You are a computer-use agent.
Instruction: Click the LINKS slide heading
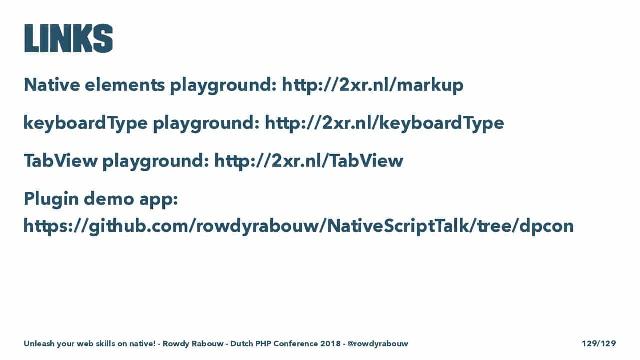pos(68,38)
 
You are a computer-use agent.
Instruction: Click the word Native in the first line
pos(52,85)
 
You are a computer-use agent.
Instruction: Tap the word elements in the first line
pos(125,85)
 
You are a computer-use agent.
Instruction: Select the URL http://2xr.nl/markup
pos(373,85)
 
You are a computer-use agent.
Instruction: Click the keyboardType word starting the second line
pos(85,123)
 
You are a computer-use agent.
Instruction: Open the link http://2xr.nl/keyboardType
pos(384,123)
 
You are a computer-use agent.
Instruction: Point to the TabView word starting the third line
pos(61,160)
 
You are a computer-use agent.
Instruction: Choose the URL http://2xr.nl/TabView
pos(309,160)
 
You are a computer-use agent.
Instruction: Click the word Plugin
pos(51,199)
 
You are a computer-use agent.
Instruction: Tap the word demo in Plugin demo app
pos(109,198)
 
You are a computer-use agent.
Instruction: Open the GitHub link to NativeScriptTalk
pos(299,226)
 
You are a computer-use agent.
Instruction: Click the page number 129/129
pos(599,343)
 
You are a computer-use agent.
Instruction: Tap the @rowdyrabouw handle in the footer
pos(378,343)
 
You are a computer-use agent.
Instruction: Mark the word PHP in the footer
pos(263,343)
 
